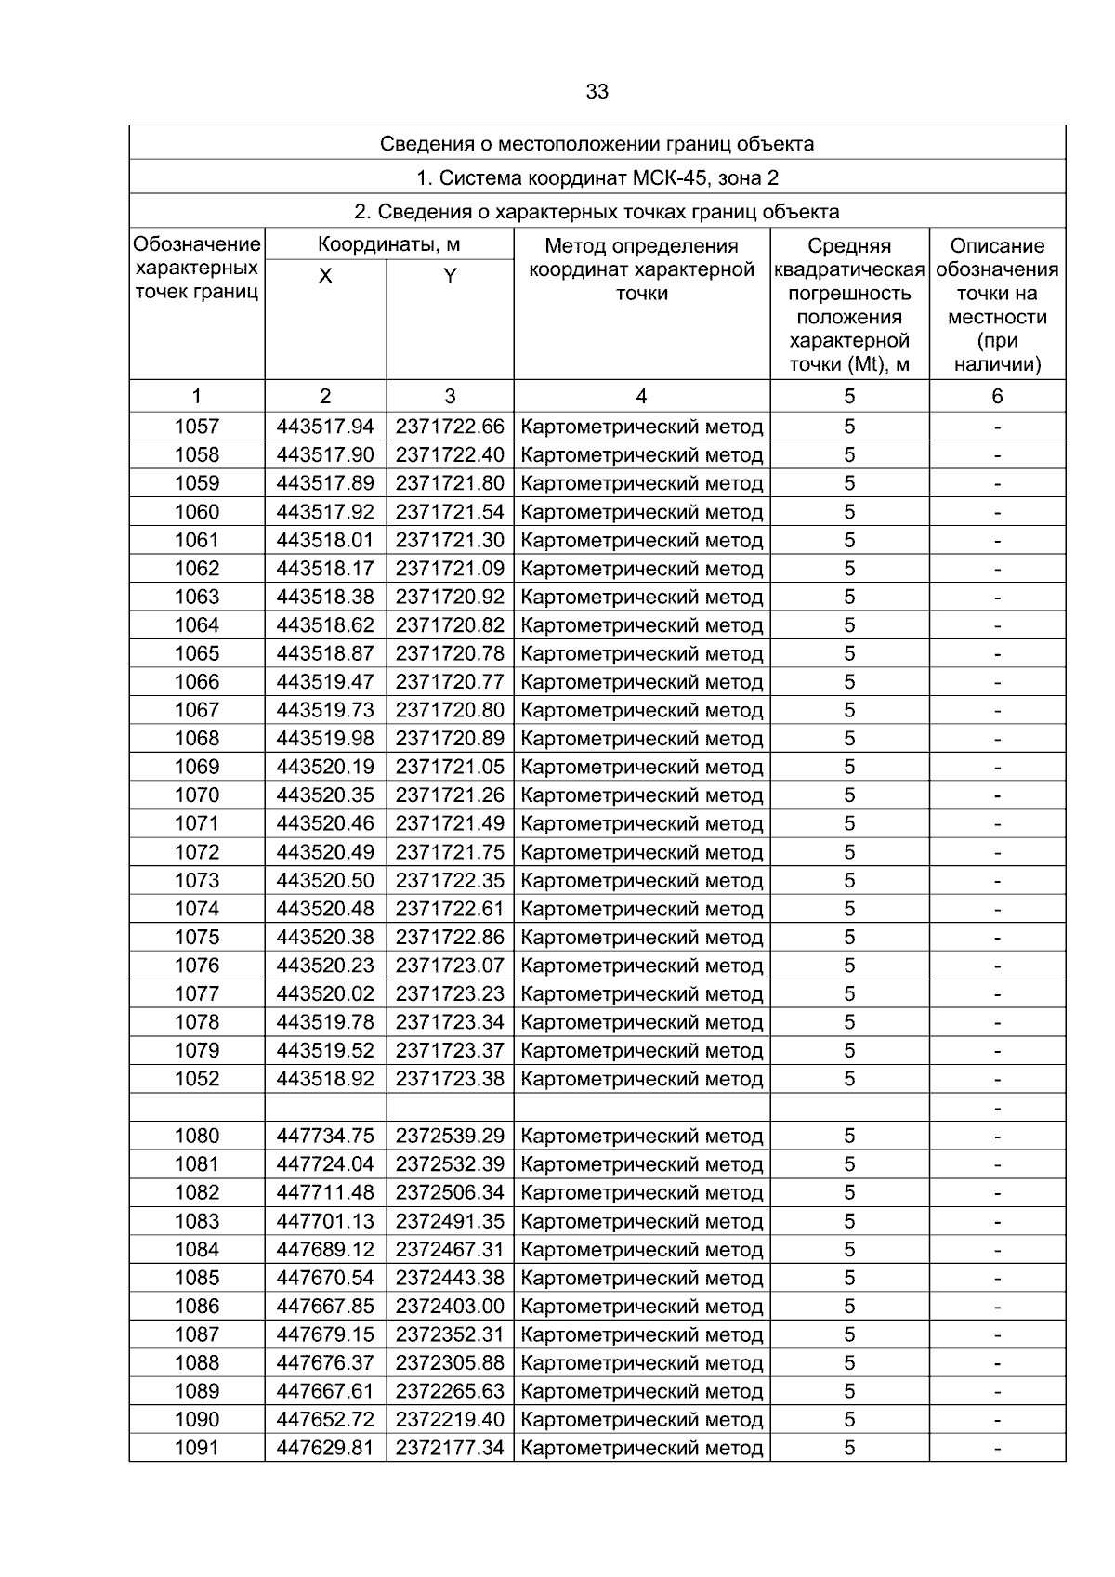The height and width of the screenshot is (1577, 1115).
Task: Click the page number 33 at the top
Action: [597, 92]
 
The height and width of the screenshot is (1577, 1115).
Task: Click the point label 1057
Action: [197, 427]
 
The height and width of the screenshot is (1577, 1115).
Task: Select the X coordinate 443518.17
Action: [325, 569]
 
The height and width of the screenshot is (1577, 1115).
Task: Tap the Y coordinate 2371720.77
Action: [450, 682]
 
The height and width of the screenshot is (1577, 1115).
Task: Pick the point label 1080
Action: [197, 1136]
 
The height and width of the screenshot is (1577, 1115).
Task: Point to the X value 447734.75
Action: [325, 1136]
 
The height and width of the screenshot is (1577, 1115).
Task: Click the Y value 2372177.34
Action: [450, 1448]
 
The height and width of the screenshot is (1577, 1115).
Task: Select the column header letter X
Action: [325, 276]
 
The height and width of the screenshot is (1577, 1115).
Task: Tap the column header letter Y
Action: [450, 276]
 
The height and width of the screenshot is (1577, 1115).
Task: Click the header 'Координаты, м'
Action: [388, 245]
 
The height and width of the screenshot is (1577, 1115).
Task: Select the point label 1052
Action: [197, 1079]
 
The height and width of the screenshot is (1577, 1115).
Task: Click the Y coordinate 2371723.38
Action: [450, 1079]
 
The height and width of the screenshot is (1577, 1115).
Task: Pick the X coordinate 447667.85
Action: [325, 1306]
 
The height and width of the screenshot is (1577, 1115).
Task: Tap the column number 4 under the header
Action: [641, 397]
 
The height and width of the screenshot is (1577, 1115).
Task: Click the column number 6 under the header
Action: [997, 397]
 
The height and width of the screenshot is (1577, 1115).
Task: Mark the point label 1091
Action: [197, 1448]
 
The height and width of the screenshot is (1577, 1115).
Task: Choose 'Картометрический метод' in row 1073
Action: [642, 881]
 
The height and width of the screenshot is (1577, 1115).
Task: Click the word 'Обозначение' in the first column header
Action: [197, 245]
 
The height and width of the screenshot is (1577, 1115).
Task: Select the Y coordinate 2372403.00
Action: [450, 1306]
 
